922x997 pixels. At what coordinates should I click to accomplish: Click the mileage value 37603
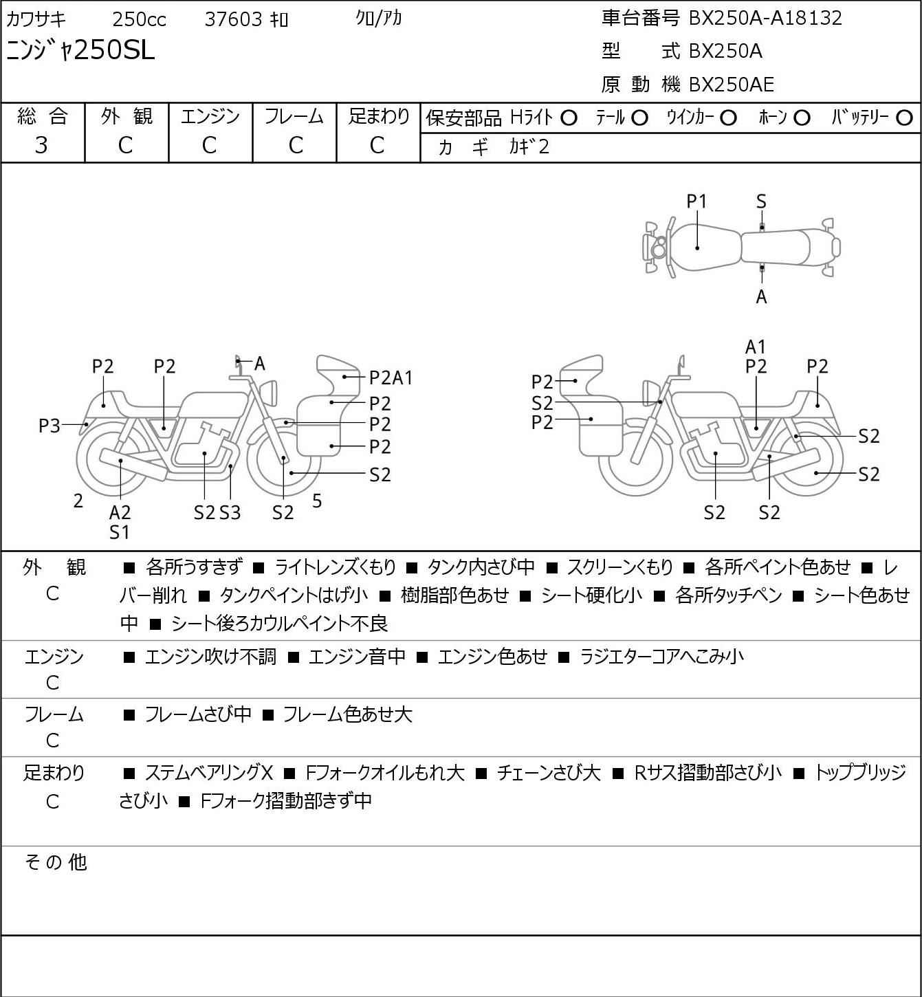[x=234, y=19]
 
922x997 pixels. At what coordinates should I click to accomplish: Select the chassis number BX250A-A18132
[x=765, y=18]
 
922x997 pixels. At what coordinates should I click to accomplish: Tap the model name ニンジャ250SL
[x=80, y=50]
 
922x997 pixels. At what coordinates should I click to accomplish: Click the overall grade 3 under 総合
[x=41, y=145]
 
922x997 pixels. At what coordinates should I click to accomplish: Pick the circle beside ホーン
[x=802, y=118]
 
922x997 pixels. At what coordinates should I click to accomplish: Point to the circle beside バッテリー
[x=904, y=118]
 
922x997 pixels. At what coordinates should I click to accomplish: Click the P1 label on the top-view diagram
[x=696, y=201]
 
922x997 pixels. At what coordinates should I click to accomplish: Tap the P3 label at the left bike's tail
[x=50, y=426]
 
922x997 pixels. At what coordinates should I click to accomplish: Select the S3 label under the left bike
[x=230, y=512]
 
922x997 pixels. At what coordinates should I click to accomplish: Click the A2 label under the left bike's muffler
[x=120, y=512]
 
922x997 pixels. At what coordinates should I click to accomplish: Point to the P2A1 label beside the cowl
[x=391, y=378]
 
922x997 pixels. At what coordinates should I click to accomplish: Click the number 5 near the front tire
[x=317, y=501]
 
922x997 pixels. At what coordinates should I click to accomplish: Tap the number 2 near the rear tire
[x=78, y=501]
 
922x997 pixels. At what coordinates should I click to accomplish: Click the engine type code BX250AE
[x=731, y=85]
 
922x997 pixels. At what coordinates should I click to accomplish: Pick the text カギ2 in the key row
[x=529, y=146]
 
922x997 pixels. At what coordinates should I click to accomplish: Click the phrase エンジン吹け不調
[x=210, y=657]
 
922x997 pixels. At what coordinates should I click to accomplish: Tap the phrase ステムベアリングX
[x=209, y=773]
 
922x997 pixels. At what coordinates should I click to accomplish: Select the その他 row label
[x=56, y=862]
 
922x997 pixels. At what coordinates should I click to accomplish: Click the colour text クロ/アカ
[x=379, y=18]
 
